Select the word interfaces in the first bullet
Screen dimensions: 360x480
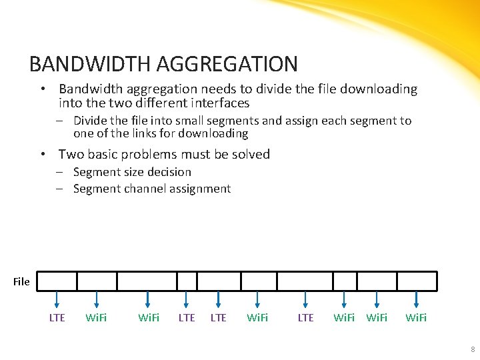(219, 103)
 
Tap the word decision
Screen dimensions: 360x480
(169, 172)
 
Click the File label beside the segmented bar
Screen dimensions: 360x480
(21, 282)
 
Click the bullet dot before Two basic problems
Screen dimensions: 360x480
(43, 155)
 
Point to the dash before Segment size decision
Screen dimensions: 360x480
(59, 172)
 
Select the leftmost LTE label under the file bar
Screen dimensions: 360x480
(57, 318)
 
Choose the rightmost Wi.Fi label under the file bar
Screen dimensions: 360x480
(416, 318)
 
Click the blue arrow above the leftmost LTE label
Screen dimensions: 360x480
(57, 299)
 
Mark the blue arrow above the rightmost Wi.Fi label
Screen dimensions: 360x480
(417, 299)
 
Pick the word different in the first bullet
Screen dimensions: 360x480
(148, 103)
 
